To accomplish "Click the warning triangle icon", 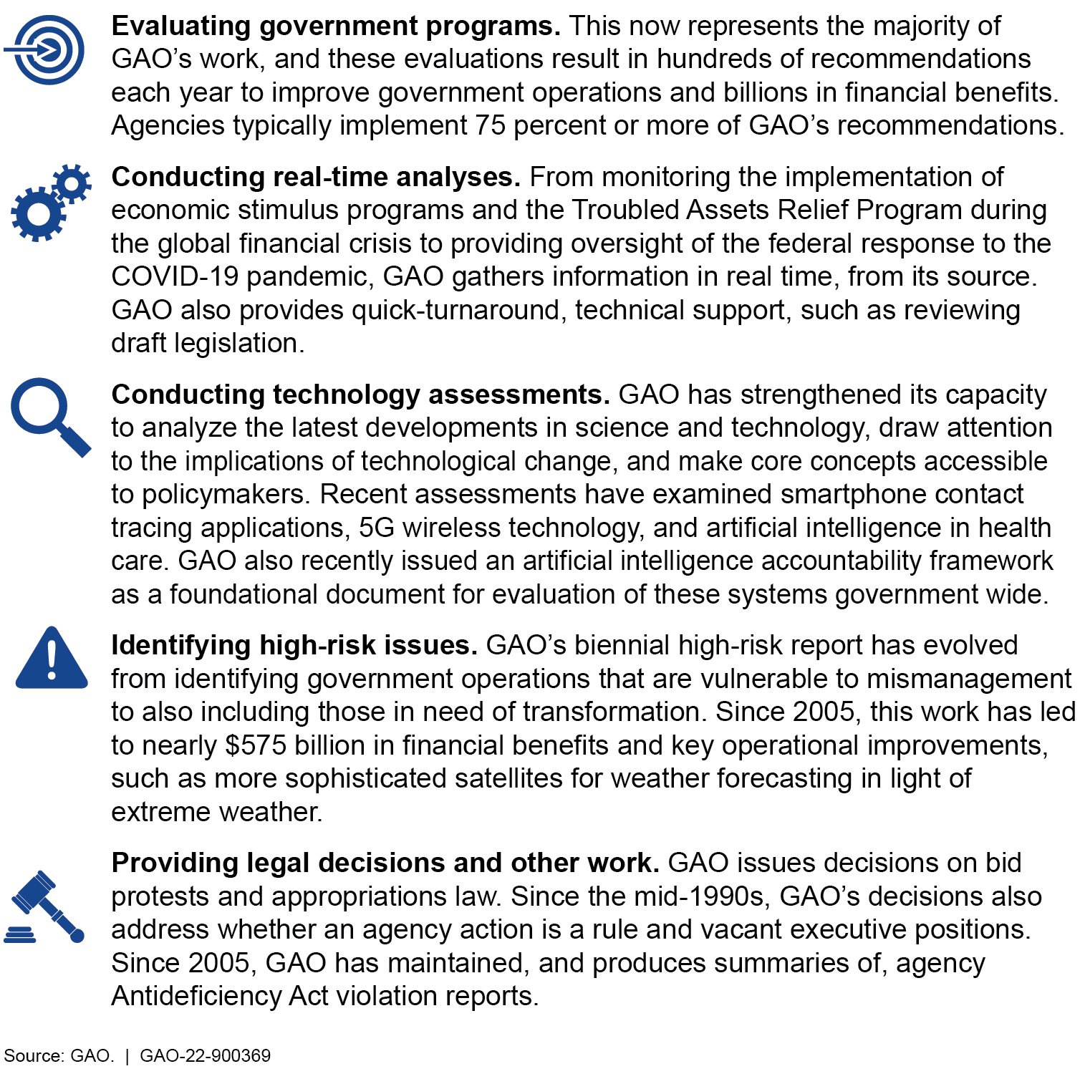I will (52, 659).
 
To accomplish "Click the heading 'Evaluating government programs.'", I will (336, 26).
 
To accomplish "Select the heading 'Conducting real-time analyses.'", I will (316, 177).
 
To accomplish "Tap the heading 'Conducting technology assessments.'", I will (360, 395).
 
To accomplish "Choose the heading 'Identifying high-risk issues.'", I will (294, 645).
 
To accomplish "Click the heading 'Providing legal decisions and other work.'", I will (385, 863).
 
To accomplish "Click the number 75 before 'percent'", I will (491, 126).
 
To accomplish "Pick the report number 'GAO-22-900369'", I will (205, 1056).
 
